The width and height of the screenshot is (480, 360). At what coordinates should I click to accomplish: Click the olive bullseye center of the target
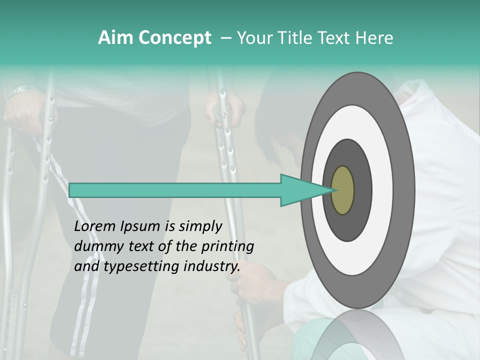[x=342, y=190]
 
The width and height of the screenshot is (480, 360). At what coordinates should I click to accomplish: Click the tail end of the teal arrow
[x=70, y=190]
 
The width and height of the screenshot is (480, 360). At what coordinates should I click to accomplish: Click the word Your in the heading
[x=253, y=38]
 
